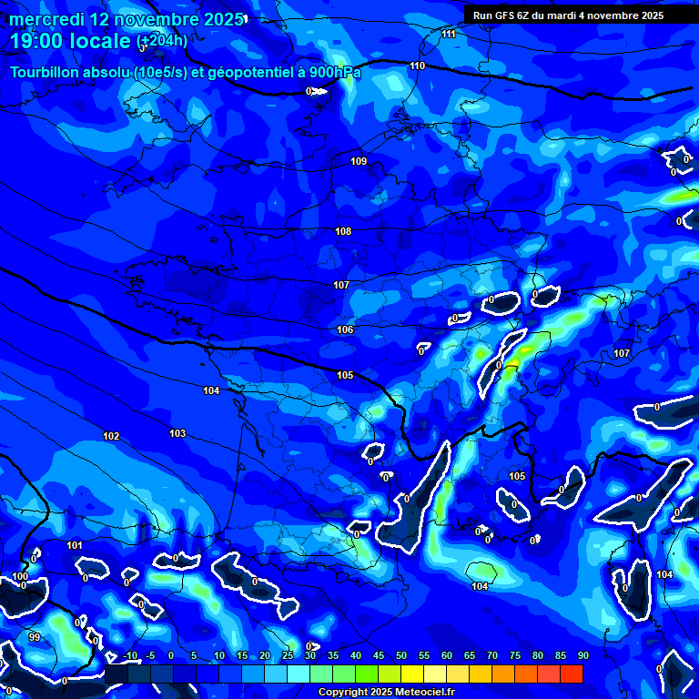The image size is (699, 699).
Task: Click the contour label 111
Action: [x=448, y=35]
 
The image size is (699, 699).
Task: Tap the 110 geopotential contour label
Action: [x=417, y=66]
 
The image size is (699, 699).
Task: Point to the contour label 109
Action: [x=359, y=162]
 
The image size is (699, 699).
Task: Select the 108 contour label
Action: [x=343, y=232]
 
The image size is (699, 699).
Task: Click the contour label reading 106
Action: [x=345, y=330]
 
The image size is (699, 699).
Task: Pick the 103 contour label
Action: [x=177, y=434]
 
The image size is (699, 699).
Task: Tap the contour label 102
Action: [x=111, y=437]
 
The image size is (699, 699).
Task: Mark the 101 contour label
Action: [x=75, y=546]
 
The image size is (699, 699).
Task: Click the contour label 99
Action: [x=35, y=637]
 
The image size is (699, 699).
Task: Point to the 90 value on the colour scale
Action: [x=582, y=656]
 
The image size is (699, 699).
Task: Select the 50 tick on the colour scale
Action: [x=400, y=656]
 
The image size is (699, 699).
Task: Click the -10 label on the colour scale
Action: [x=129, y=656]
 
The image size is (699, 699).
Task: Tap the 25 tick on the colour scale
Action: [x=287, y=656]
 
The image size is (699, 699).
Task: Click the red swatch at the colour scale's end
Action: [x=572, y=674]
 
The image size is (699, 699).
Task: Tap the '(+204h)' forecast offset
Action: [x=162, y=41]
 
